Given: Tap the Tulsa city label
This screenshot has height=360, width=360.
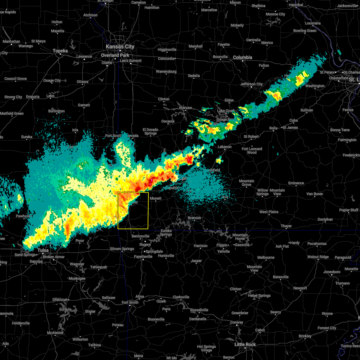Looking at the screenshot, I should [43, 250].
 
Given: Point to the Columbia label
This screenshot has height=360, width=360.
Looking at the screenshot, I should [242, 57].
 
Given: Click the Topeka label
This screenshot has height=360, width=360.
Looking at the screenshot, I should [60, 51].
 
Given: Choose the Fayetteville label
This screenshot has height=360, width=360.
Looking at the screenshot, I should [143, 256].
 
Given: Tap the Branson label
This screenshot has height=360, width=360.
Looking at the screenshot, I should [194, 218].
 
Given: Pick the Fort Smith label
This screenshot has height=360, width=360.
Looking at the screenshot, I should [130, 302].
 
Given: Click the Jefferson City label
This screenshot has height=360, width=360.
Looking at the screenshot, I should [251, 84].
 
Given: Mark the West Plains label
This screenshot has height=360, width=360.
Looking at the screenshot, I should [269, 212].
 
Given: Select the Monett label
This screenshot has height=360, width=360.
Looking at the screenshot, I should [156, 198].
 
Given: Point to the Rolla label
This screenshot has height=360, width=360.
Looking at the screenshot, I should [273, 128].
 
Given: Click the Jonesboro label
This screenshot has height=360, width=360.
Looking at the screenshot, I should [332, 272].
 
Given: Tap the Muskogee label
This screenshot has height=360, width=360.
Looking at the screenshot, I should [77, 278].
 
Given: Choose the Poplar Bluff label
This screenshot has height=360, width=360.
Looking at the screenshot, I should [349, 210].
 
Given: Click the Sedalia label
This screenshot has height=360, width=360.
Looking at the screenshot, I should [194, 76].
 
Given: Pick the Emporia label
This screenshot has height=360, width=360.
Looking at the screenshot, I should [33, 97].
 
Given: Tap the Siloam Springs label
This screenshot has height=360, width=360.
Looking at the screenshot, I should [122, 249].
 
